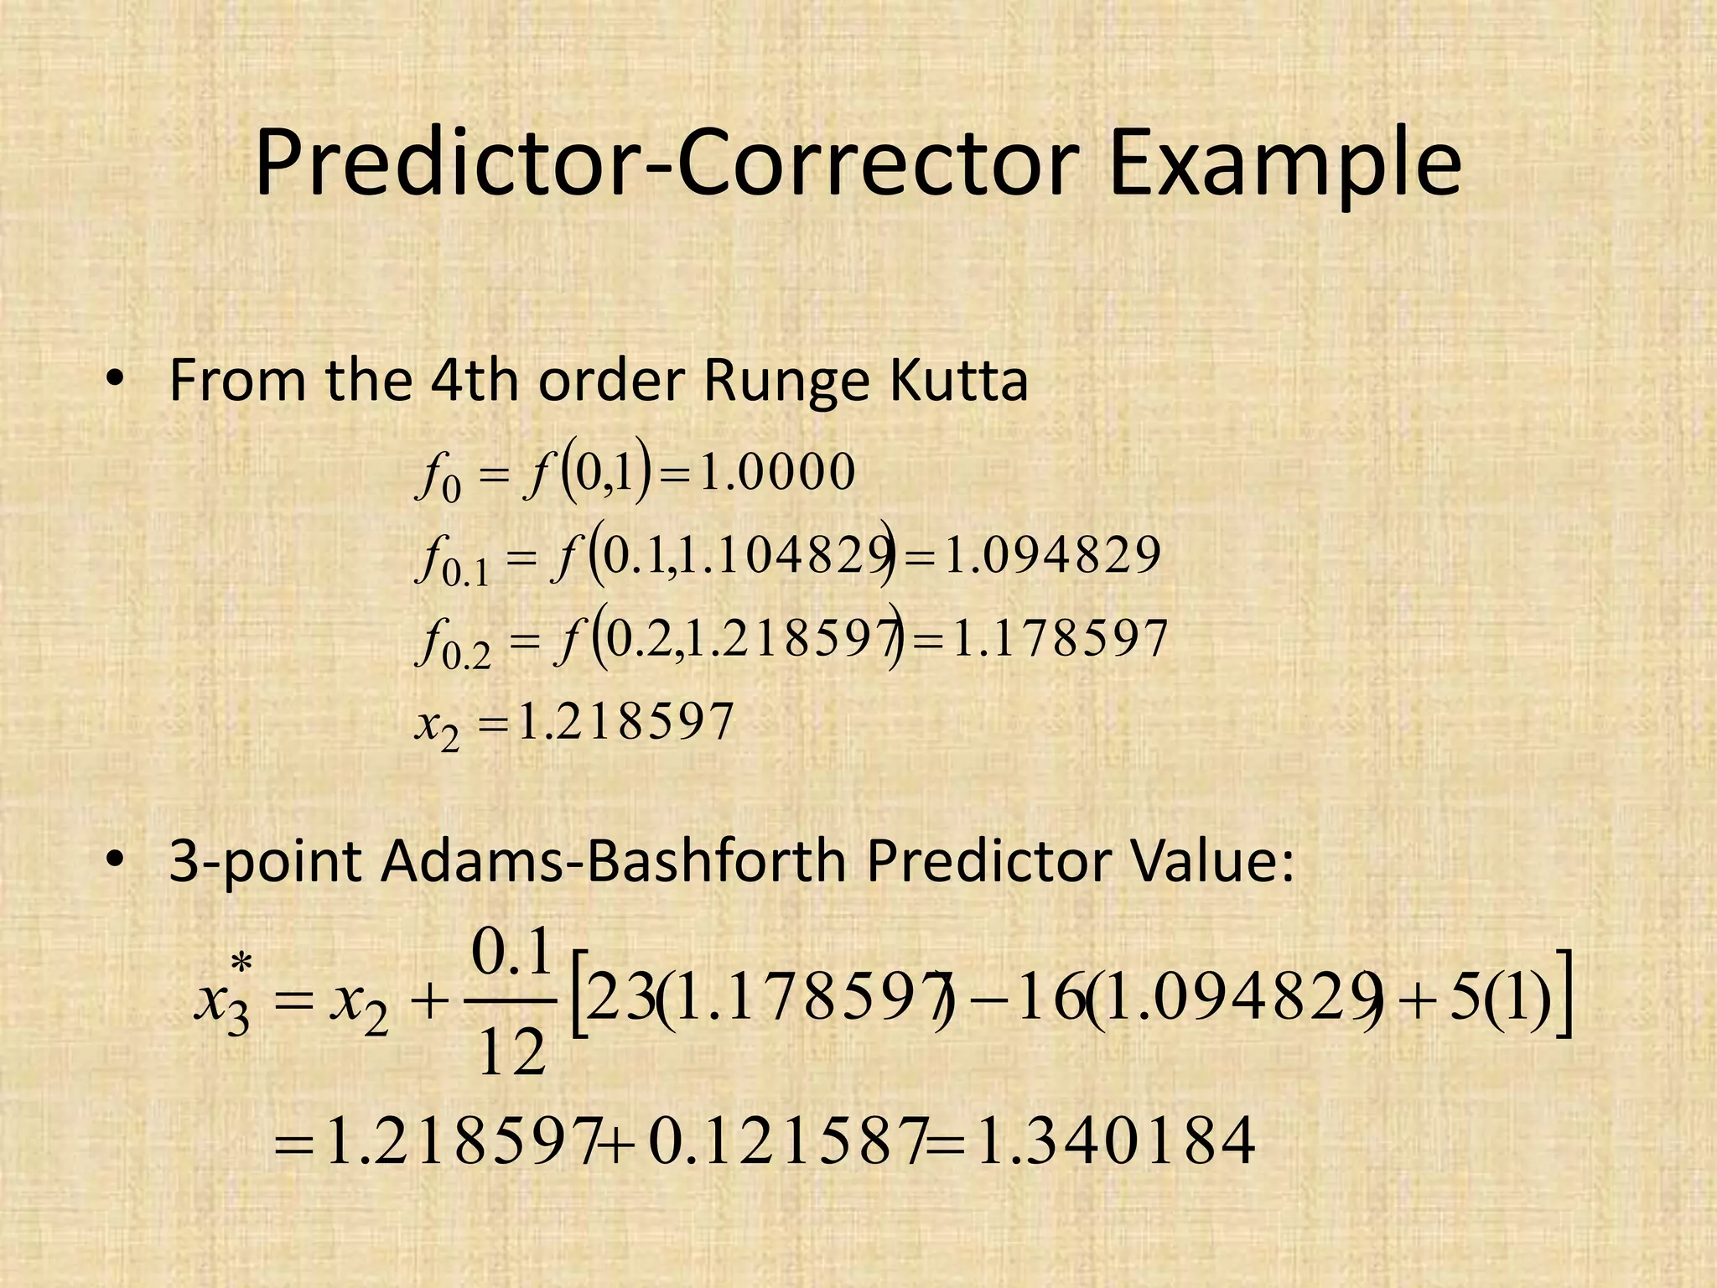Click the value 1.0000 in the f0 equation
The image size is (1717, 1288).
pyautogui.click(x=777, y=472)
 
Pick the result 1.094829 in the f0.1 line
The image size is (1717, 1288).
pyautogui.click(x=1052, y=555)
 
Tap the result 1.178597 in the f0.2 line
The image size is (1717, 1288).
pyautogui.click(x=1061, y=639)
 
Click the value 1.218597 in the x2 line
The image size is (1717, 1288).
pyautogui.click(x=625, y=722)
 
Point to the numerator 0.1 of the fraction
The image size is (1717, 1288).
pyautogui.click(x=512, y=953)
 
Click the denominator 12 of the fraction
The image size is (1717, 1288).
pyautogui.click(x=511, y=1053)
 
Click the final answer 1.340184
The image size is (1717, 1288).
pyautogui.click(x=1116, y=1141)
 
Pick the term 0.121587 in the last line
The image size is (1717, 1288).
pyautogui.click(x=786, y=1141)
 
